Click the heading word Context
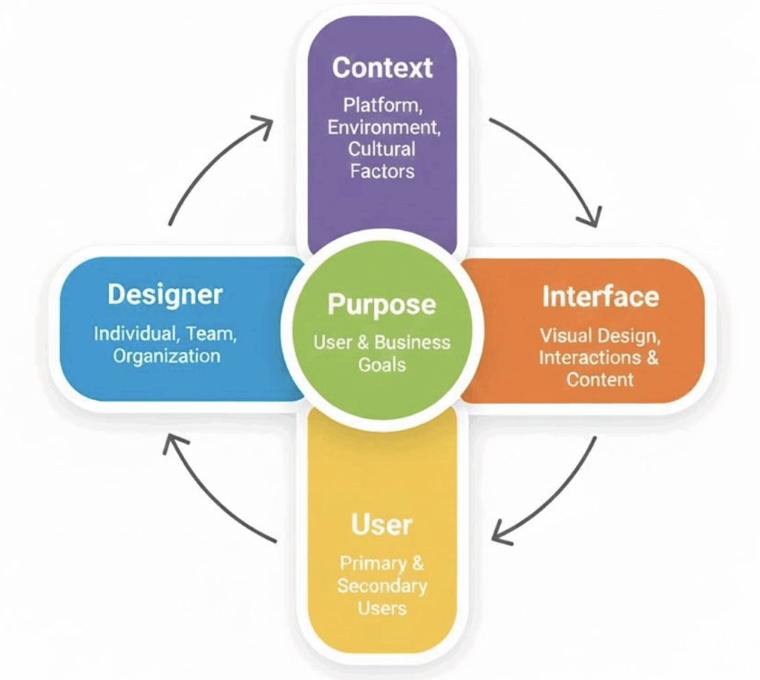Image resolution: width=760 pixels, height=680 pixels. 382,68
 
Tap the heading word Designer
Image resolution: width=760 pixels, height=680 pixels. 165,294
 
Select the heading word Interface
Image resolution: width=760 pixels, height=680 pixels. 600,296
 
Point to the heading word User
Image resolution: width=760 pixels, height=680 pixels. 381,525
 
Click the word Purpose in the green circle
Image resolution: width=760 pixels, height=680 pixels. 381,305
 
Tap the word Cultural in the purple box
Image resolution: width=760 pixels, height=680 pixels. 382,148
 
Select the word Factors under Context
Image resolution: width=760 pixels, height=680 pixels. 382,171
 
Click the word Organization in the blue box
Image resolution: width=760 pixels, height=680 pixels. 166,356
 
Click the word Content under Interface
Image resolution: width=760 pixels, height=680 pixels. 600,379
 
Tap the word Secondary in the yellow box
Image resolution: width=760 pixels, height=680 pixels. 381,586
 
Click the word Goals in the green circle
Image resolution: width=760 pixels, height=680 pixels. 381,364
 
